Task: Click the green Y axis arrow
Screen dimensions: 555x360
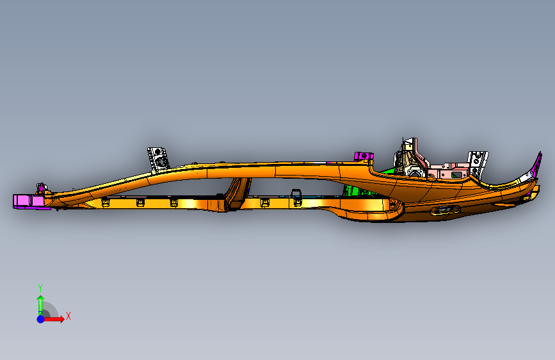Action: click(x=40, y=302)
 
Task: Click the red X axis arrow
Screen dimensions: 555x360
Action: click(x=56, y=318)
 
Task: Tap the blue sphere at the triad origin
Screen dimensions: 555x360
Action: click(x=40, y=318)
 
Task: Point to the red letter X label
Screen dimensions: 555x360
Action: click(x=68, y=316)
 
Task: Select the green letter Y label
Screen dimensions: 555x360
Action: click(x=40, y=288)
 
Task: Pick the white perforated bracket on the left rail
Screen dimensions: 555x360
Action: click(x=157, y=158)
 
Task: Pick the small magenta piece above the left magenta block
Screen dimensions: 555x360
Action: click(x=42, y=188)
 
